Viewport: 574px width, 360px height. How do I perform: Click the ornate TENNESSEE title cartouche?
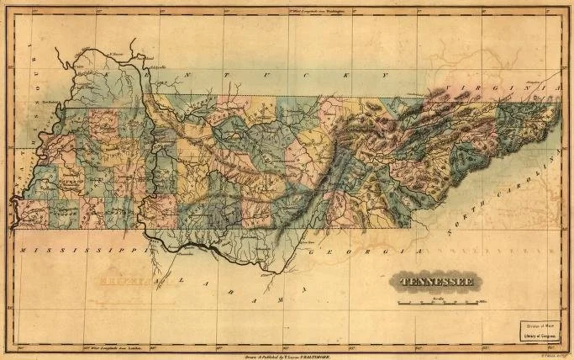coord(435,281)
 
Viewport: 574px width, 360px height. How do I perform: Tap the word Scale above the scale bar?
coord(437,295)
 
